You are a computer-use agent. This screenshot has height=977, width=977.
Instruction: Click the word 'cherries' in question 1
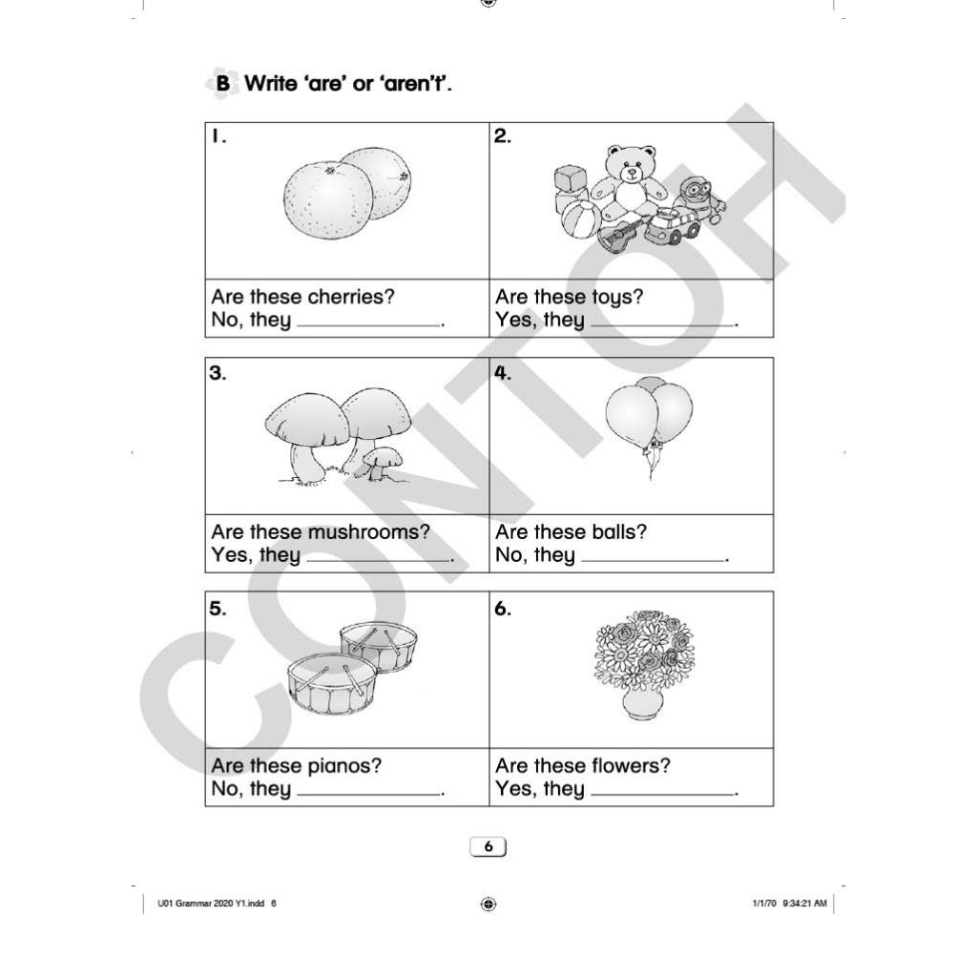tap(352, 297)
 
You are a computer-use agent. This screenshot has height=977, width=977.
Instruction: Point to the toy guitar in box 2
tap(619, 235)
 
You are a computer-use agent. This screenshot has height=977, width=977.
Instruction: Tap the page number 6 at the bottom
tap(488, 847)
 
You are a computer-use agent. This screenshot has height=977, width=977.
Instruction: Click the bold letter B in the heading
tap(222, 84)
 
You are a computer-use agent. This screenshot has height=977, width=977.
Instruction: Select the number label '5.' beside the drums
tap(218, 609)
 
